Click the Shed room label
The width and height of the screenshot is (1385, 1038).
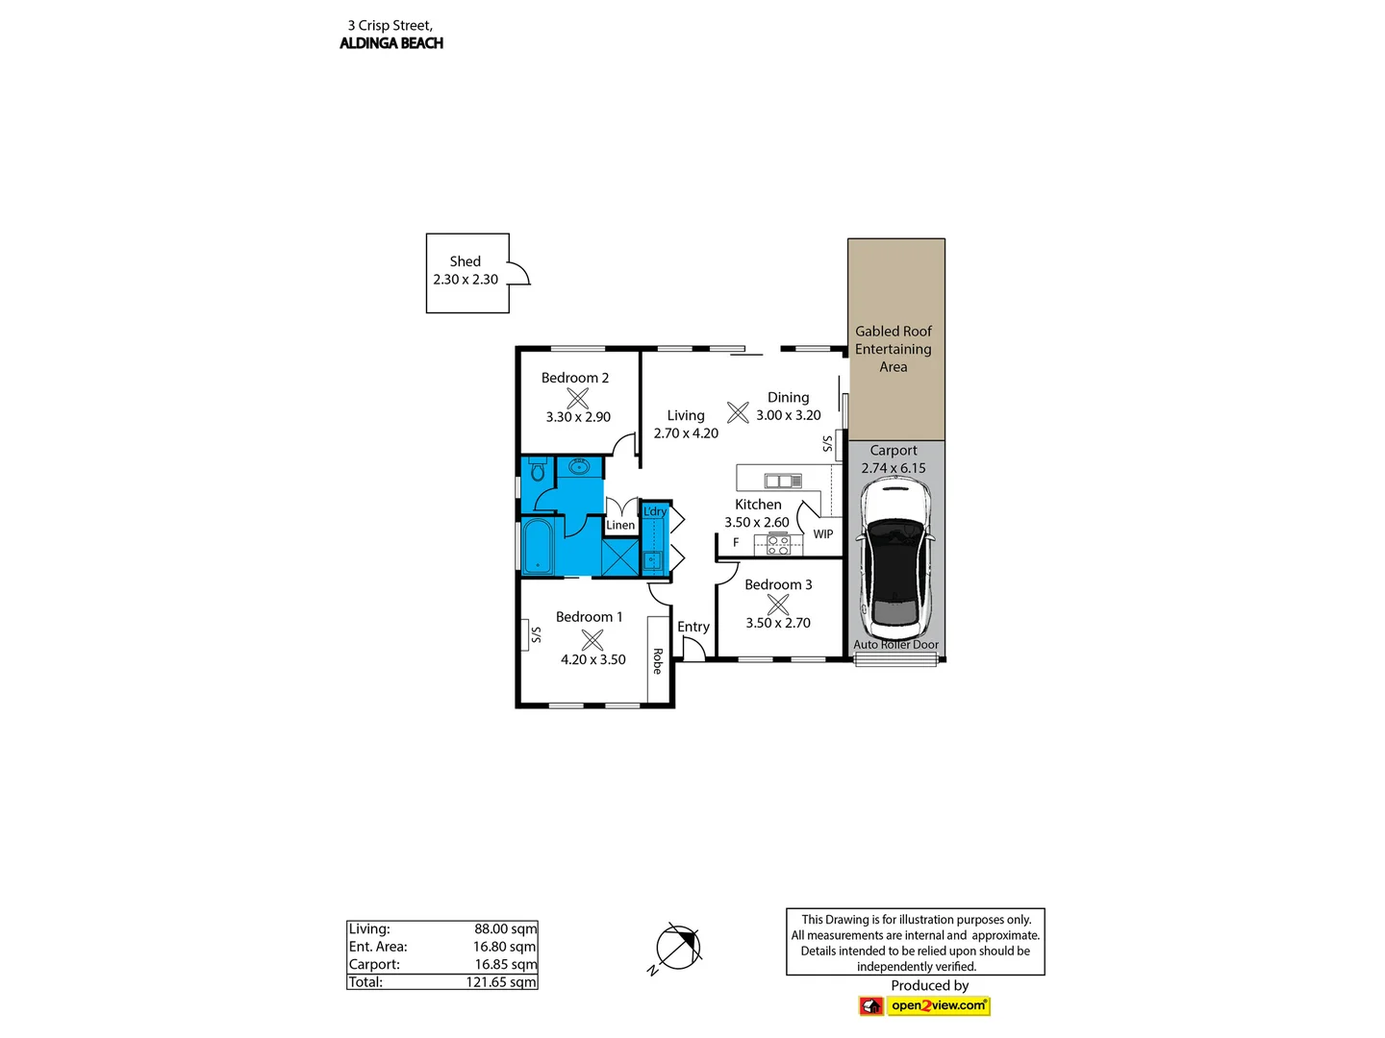pos(466,261)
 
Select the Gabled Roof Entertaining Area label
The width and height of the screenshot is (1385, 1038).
pos(894,349)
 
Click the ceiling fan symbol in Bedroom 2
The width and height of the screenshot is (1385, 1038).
pos(578,398)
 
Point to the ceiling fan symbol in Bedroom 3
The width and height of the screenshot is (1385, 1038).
pos(778,605)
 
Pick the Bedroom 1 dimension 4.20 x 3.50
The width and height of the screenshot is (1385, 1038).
pos(593,659)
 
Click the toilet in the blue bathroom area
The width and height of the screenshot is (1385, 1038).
pos(538,471)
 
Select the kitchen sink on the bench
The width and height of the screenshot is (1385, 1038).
pos(783,481)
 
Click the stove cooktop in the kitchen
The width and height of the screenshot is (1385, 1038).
pos(778,546)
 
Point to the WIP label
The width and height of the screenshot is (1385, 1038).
pos(823,534)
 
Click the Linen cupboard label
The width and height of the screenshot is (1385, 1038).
pos(620,525)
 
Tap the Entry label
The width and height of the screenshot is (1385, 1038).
pos(693,627)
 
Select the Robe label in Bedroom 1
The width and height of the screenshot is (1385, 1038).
pos(658,661)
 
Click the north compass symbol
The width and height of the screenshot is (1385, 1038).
pos(679,947)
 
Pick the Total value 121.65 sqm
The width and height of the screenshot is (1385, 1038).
pos(501,982)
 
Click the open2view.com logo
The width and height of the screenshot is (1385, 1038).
pos(938,1005)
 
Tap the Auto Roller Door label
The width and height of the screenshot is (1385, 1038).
pos(895,645)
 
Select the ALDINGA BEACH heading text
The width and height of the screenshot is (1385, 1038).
pos(391,43)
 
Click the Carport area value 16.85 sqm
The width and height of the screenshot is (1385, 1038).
pos(505,964)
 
